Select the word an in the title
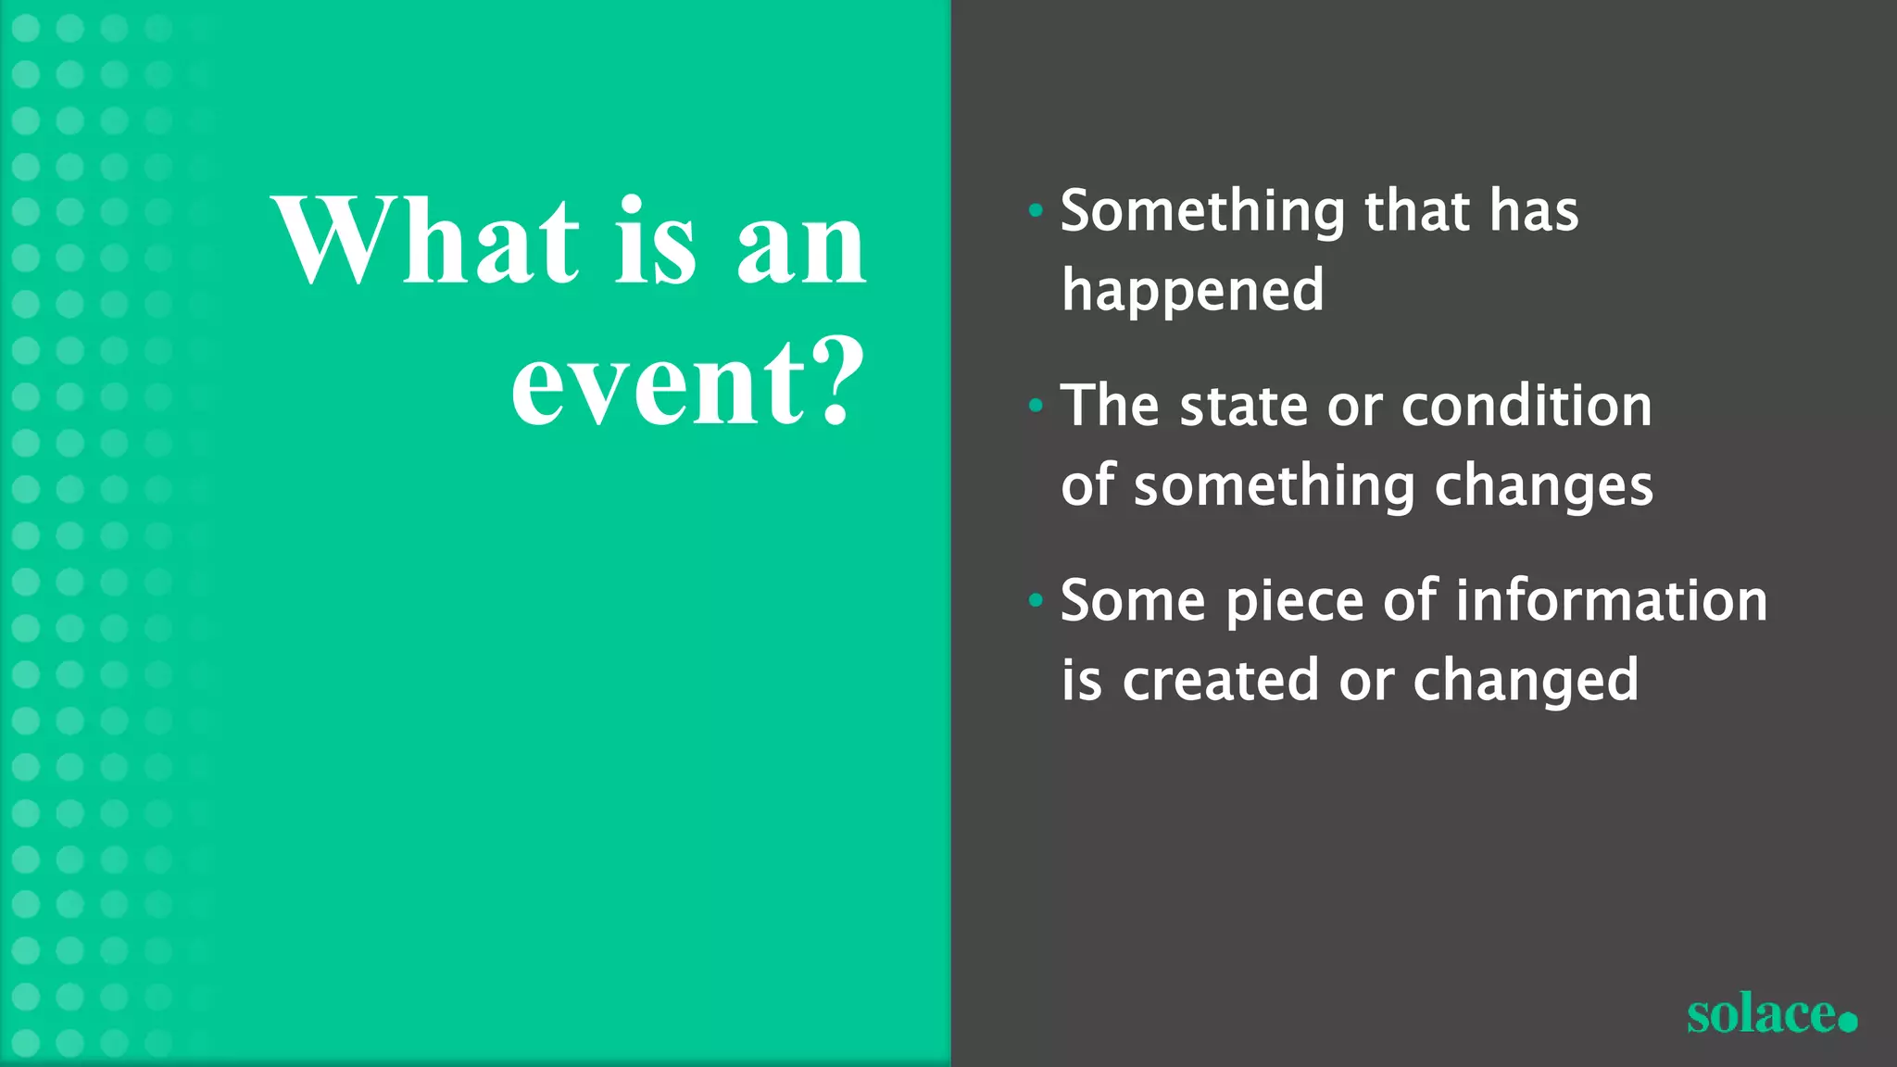coord(802,245)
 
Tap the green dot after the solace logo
coord(1847,1022)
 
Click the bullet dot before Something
coord(1036,211)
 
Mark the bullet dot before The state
coord(1036,406)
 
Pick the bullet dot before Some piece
coord(1036,601)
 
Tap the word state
coord(1243,406)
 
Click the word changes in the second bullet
coord(1543,487)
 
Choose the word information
coord(1612,600)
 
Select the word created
coord(1221,680)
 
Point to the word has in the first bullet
coord(1534,211)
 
